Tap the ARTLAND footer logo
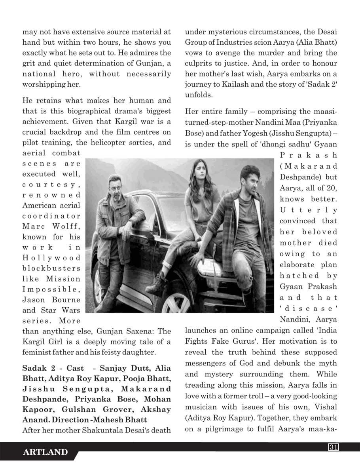tap(45, 452)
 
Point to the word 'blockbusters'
tap(51, 268)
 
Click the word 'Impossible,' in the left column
tap(51, 289)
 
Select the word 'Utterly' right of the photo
tap(309, 210)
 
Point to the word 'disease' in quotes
tap(309, 308)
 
